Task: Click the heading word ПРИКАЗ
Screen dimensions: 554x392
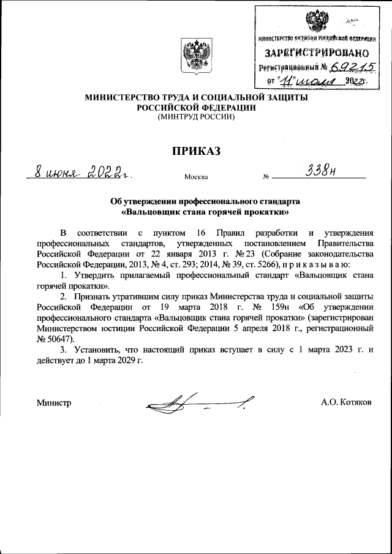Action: [x=196, y=151]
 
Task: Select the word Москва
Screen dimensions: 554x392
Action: [x=196, y=178]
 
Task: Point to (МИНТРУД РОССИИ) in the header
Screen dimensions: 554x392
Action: [x=196, y=116]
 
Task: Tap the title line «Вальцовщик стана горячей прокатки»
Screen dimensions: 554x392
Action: [x=196, y=212]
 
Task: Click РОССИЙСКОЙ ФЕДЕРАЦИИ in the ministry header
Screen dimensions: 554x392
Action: [x=196, y=107]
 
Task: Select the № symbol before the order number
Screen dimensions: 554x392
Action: [x=266, y=178]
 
